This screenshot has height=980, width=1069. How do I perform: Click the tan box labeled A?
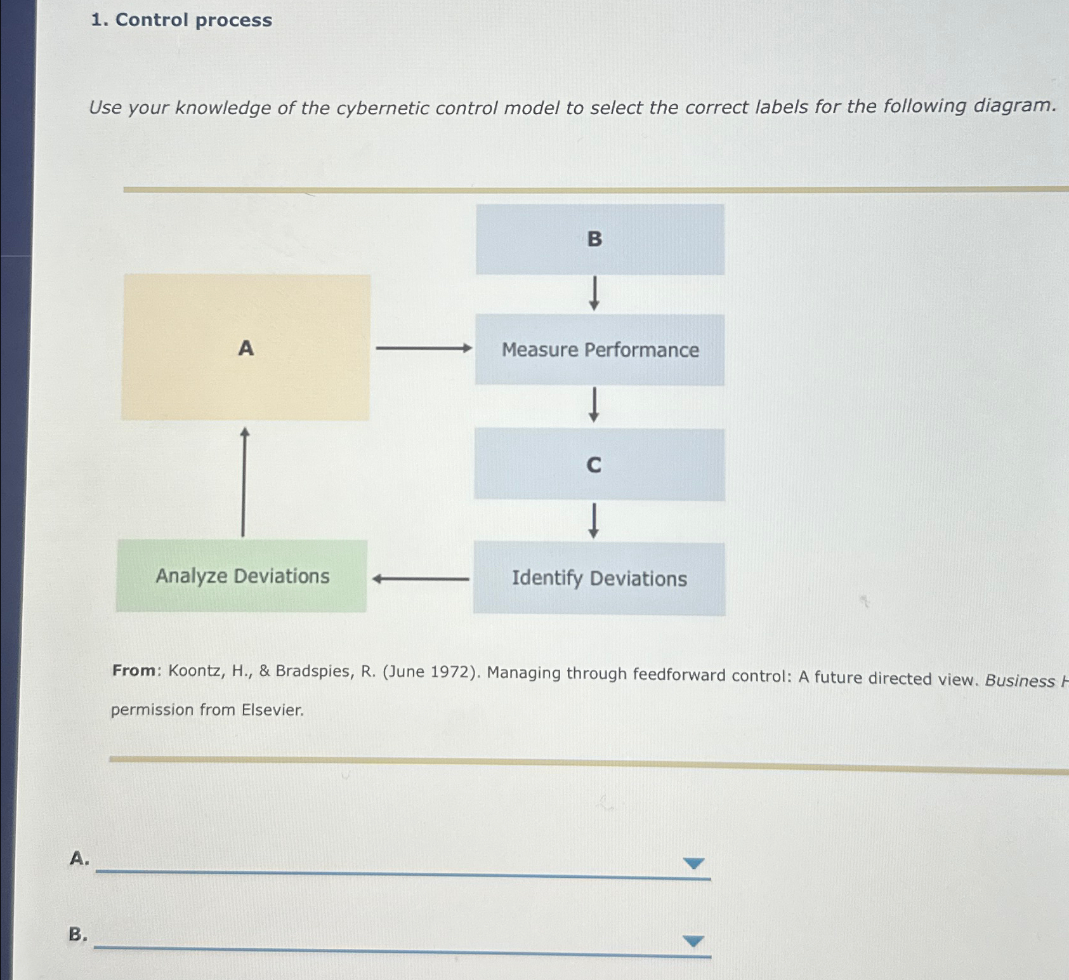pyautogui.click(x=246, y=347)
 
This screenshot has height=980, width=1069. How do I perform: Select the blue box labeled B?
pyautogui.click(x=600, y=239)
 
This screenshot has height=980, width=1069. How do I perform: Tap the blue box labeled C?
pyautogui.click(x=599, y=465)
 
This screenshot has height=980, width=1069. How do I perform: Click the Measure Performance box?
pyautogui.click(x=600, y=350)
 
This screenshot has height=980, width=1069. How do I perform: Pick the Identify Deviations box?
pyautogui.click(x=599, y=578)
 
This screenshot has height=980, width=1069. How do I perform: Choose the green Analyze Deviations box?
pyautogui.click(x=242, y=576)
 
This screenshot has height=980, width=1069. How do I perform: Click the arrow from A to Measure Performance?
pyautogui.click(x=423, y=348)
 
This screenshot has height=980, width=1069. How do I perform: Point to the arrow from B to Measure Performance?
pyautogui.click(x=594, y=293)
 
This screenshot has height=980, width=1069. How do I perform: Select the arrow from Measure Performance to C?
pyautogui.click(x=594, y=405)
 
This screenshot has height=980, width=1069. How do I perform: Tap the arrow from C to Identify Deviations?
pyautogui.click(x=593, y=520)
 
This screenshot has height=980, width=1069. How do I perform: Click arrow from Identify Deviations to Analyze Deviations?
pyautogui.click(x=420, y=579)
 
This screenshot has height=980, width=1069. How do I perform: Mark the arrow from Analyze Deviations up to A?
pyautogui.click(x=244, y=482)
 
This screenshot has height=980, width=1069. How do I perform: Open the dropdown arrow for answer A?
pyautogui.click(x=693, y=863)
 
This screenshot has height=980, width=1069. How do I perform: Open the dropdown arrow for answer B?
pyautogui.click(x=693, y=941)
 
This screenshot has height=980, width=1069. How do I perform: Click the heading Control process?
pyautogui.click(x=193, y=20)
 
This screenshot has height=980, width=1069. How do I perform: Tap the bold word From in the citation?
pyautogui.click(x=134, y=670)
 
